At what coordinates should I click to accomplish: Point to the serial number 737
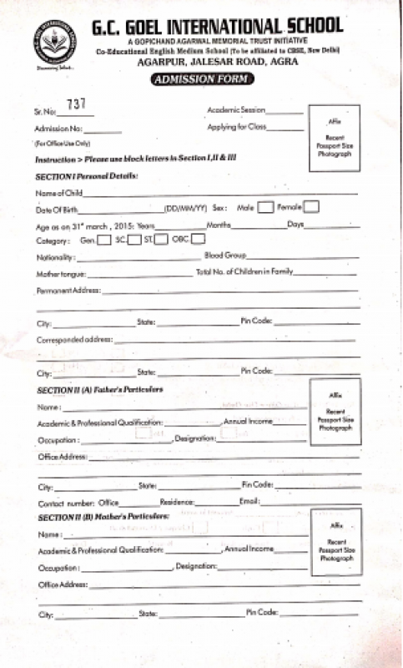76,104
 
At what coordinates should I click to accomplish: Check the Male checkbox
265,207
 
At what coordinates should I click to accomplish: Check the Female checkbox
311,207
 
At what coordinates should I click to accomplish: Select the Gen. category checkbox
104,240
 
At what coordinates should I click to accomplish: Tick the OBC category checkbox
198,240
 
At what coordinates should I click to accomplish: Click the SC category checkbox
134,240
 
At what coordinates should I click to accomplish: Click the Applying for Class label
236,127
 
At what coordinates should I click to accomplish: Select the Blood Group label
224,256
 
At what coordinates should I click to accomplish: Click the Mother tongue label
61,274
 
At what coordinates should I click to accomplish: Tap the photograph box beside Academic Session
334,139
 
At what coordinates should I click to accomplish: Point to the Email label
249,502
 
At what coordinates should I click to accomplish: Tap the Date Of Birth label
56,210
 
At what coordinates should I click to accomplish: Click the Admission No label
58,129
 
